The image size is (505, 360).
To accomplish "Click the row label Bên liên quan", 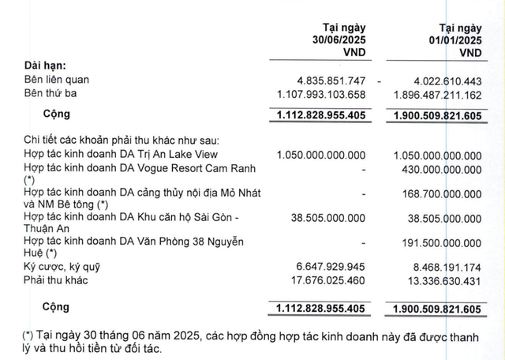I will [56, 81].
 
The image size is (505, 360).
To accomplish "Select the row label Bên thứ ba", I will [53, 96].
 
